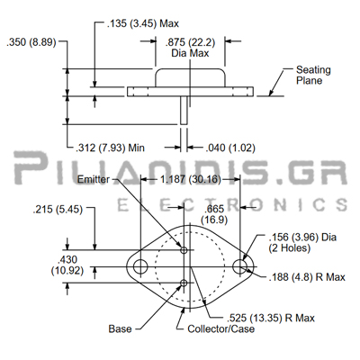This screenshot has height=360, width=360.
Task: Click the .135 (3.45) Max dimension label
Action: tap(143, 23)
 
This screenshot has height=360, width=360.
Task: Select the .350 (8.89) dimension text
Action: tap(31, 42)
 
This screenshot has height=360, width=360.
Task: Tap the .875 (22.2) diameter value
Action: tap(190, 42)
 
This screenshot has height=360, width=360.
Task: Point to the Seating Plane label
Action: tap(313, 75)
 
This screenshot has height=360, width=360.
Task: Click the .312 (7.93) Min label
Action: tap(110, 148)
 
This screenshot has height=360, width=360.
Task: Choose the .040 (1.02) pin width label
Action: tap(230, 148)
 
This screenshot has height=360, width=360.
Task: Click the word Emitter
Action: tap(94, 179)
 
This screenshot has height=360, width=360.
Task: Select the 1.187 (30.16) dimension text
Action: tap(191, 179)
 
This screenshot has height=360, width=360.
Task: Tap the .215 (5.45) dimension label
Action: tap(58, 210)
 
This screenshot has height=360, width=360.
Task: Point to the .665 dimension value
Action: tap(214, 209)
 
